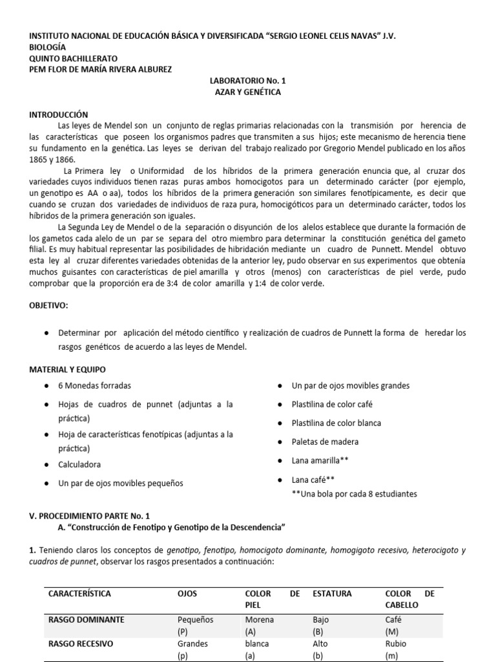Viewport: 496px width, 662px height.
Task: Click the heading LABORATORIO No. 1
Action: point(247,81)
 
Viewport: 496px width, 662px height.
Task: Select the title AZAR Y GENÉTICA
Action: point(247,92)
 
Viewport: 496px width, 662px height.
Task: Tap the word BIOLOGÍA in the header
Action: point(48,47)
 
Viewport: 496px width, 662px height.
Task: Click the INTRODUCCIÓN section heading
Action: point(58,114)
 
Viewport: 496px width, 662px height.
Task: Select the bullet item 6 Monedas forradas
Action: point(94,385)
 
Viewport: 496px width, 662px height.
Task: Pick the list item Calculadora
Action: point(79,464)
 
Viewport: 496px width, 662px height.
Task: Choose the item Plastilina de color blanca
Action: point(336,423)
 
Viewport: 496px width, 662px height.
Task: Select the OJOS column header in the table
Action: point(188,593)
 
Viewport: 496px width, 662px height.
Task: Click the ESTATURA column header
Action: point(333,593)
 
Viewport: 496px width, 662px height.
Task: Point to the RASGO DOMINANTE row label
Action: point(86,619)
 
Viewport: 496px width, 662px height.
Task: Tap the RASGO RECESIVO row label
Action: point(81,644)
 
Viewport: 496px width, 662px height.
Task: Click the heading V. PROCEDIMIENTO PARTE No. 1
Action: point(89,515)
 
